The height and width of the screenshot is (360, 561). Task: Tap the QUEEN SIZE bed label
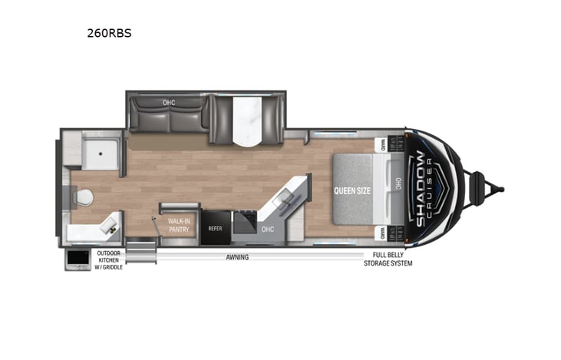coord(353,190)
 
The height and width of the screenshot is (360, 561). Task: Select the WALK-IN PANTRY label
coord(179,223)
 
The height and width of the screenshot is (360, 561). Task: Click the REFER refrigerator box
coord(215,229)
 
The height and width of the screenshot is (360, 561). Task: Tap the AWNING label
coord(237,257)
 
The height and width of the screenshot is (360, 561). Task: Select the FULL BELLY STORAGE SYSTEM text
coord(388,259)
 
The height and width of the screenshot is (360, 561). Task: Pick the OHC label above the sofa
coord(169,102)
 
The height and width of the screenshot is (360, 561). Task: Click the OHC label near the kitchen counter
coord(268,229)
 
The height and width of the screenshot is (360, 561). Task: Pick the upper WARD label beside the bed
coord(381,144)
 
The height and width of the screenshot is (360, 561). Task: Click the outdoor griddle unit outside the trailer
coord(78,259)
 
